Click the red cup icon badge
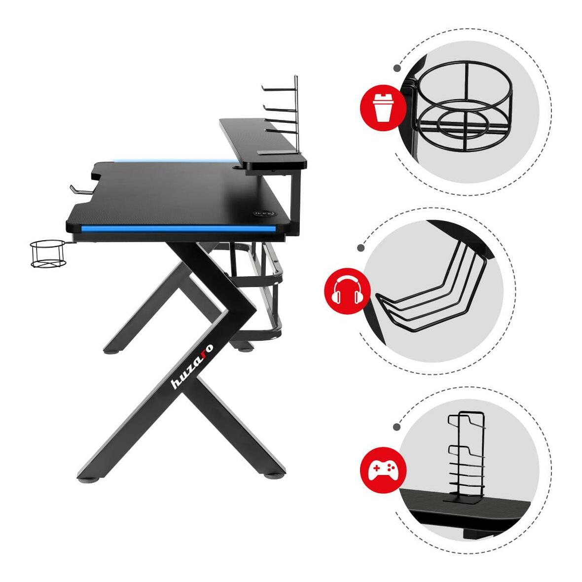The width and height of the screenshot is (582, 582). click(x=383, y=108)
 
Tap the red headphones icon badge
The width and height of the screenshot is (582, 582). click(x=347, y=291)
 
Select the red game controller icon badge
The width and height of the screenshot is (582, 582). click(x=383, y=470)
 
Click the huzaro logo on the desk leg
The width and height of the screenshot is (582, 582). click(x=192, y=366)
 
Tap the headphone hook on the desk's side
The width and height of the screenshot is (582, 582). click(x=80, y=189)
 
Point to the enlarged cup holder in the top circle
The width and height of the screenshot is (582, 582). click(x=464, y=107)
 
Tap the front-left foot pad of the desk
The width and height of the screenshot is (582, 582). click(x=89, y=479)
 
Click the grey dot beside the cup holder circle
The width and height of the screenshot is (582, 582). click(x=397, y=68)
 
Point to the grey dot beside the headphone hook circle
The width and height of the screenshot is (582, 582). click(x=361, y=248)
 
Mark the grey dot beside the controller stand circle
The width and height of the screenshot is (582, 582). click(x=397, y=427)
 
